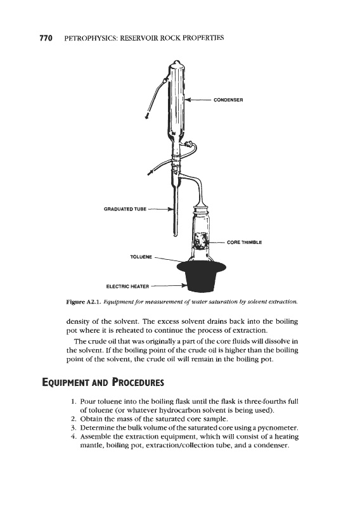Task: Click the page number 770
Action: point(46,38)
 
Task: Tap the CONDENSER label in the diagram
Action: point(228,100)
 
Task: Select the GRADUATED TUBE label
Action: point(125,209)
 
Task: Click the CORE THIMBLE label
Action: point(244,242)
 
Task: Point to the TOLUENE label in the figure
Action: point(141,257)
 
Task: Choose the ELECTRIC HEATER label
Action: point(128,286)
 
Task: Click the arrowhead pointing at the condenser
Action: point(188,100)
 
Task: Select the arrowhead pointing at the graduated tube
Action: point(170,209)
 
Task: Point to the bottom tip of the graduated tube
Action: point(176,234)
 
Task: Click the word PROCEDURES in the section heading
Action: point(138,382)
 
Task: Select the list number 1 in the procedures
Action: point(74,402)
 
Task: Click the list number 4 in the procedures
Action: point(74,437)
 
